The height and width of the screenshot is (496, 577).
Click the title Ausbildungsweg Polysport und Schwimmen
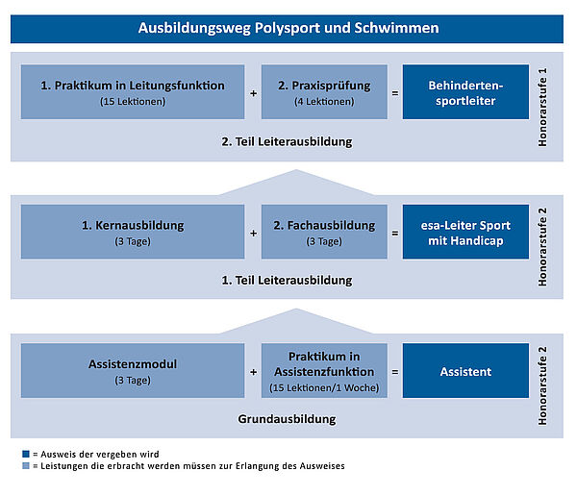(288, 28)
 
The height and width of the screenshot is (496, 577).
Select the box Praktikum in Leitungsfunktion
(133, 92)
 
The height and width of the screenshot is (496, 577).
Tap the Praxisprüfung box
(324, 92)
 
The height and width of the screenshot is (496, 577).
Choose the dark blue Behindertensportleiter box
(465, 92)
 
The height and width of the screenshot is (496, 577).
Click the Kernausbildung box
(133, 232)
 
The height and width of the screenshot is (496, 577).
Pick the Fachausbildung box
(324, 232)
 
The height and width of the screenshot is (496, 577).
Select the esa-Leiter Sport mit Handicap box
(465, 232)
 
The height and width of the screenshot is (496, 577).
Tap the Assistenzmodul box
(133, 370)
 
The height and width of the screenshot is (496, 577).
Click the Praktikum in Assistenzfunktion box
(324, 370)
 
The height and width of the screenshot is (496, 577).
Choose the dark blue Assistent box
(465, 370)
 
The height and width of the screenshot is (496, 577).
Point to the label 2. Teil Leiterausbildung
(287, 141)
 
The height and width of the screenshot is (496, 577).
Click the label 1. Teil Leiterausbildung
(287, 281)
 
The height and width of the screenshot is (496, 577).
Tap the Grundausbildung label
(287, 419)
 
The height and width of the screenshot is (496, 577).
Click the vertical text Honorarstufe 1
(542, 107)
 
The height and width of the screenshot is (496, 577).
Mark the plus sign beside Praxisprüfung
(253, 93)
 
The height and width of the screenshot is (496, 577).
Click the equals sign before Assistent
(395, 372)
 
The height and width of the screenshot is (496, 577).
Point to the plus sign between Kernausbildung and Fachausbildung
(253, 234)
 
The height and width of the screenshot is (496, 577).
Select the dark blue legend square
(26, 454)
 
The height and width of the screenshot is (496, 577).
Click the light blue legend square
(26, 466)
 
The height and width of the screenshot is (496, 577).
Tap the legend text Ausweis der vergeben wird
(100, 455)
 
